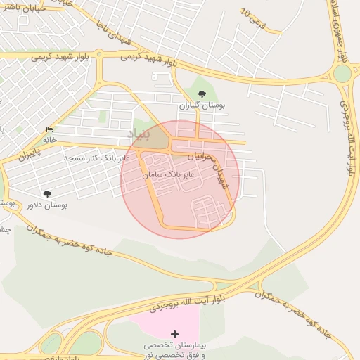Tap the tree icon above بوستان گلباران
tap(202, 94)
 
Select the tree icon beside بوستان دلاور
tap(47, 194)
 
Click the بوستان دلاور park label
tap(46, 205)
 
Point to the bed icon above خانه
tap(49, 131)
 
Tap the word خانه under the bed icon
tap(49, 140)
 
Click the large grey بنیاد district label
tap(139, 133)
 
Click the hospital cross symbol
tap(175, 333)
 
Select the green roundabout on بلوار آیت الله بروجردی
tap(342, 73)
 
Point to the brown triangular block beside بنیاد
tap(159, 138)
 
